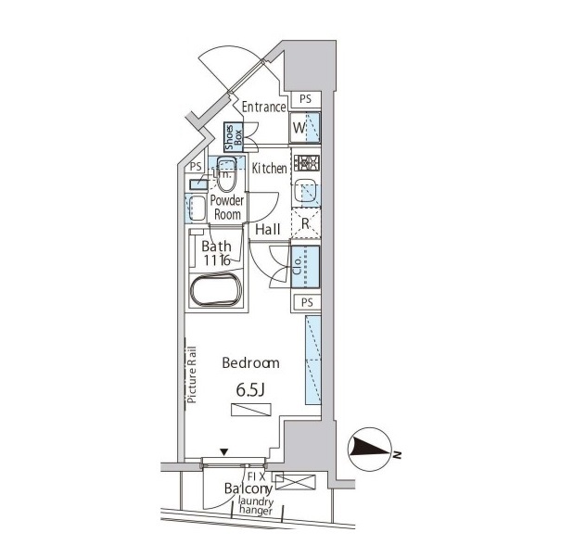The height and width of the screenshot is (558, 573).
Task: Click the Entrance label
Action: (x=264, y=108)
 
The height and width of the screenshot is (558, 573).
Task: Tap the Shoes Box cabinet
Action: (x=234, y=137)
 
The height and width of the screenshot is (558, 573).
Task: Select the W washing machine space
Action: (x=305, y=128)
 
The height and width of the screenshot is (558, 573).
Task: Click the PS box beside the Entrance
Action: (x=306, y=98)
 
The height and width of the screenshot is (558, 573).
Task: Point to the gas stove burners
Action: (x=309, y=162)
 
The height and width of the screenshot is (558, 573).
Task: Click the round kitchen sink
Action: (x=305, y=191)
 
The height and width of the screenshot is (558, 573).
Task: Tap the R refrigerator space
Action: (x=306, y=222)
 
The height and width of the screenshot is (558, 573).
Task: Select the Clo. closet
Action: (x=305, y=266)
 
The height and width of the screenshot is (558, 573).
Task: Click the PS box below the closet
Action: (x=307, y=302)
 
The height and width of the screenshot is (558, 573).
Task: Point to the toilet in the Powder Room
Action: (x=226, y=173)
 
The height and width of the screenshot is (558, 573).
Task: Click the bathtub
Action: (x=216, y=288)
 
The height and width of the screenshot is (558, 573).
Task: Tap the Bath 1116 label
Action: (x=216, y=253)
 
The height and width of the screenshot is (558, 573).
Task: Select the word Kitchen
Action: (x=270, y=168)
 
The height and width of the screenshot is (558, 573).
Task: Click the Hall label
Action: (x=268, y=230)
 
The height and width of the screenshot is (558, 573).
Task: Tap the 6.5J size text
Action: (x=250, y=390)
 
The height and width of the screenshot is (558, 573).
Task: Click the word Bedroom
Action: (x=250, y=362)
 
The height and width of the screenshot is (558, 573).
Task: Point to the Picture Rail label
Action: (x=192, y=374)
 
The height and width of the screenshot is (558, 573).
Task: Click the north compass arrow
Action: (x=370, y=450)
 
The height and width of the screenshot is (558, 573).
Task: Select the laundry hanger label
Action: (x=255, y=506)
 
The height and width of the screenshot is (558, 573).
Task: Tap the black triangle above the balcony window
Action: (x=224, y=452)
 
